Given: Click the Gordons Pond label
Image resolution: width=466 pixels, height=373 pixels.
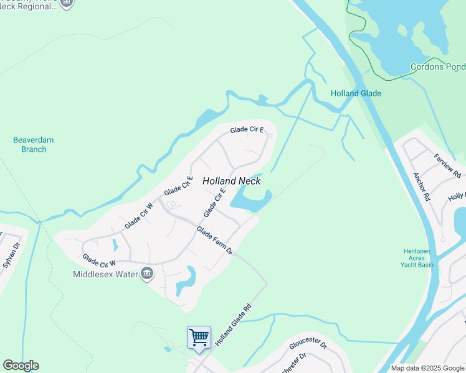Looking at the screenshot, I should [x=437, y=67].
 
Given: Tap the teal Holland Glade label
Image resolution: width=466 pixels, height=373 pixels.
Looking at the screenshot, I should [x=356, y=93].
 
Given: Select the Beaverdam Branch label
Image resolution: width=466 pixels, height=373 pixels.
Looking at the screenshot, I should [x=29, y=144].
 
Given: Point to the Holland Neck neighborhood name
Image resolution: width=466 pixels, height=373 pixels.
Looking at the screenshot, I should [x=231, y=181].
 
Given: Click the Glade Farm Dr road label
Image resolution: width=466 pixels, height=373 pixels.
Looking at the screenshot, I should [x=214, y=241].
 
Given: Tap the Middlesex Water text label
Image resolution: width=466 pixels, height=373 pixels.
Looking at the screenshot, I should [x=105, y=274].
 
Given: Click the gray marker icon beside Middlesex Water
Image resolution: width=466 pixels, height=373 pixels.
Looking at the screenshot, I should [x=147, y=274].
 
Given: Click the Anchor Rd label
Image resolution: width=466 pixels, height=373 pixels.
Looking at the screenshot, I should [x=422, y=186].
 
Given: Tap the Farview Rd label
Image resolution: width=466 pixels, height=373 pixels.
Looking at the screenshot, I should [x=447, y=165].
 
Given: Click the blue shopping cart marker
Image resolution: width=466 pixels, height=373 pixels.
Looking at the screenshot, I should [x=199, y=338].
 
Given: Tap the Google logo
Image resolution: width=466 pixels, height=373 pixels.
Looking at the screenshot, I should [x=21, y=366].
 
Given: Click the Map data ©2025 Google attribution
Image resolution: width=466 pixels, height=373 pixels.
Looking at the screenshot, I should [x=427, y=368].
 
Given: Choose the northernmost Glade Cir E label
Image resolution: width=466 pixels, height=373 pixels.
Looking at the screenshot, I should [x=247, y=130].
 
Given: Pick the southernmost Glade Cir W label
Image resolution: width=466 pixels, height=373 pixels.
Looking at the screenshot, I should [x=99, y=259].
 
